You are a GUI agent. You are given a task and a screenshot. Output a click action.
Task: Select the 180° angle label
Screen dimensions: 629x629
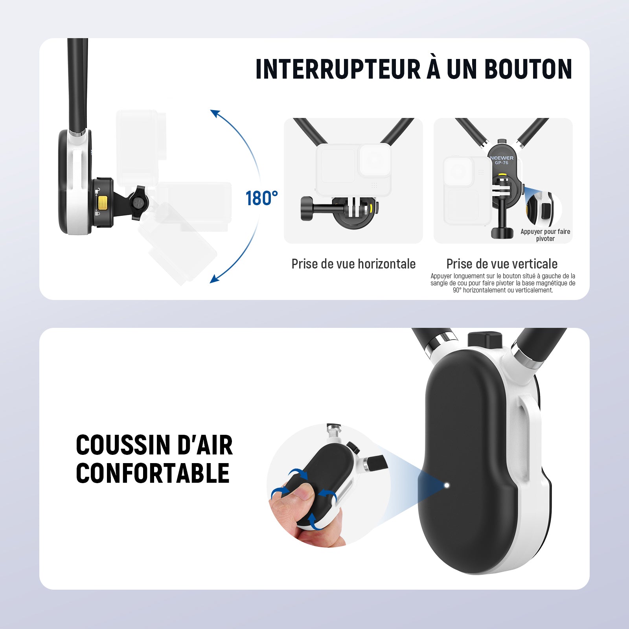pyautogui.click(x=262, y=199)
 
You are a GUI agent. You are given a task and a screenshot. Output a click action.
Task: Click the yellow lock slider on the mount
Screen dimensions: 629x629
pyautogui.click(x=103, y=202)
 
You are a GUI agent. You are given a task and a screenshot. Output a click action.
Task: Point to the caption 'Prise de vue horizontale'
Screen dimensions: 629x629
pyautogui.click(x=353, y=264)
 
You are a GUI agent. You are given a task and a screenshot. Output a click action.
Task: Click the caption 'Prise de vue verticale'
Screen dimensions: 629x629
pyautogui.click(x=502, y=264)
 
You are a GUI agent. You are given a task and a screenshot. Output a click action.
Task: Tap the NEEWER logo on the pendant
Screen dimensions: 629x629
pyautogui.click(x=502, y=158)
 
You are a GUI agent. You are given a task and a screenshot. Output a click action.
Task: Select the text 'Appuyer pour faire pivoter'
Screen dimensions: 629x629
pyautogui.click(x=545, y=235)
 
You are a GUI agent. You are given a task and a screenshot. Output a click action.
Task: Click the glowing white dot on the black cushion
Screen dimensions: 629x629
pyautogui.click(x=447, y=485)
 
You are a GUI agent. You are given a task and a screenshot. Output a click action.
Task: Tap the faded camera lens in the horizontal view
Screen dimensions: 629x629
pyautogui.click(x=375, y=160)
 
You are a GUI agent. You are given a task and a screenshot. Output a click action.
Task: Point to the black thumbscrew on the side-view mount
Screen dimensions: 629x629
pyautogui.click(x=138, y=203)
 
